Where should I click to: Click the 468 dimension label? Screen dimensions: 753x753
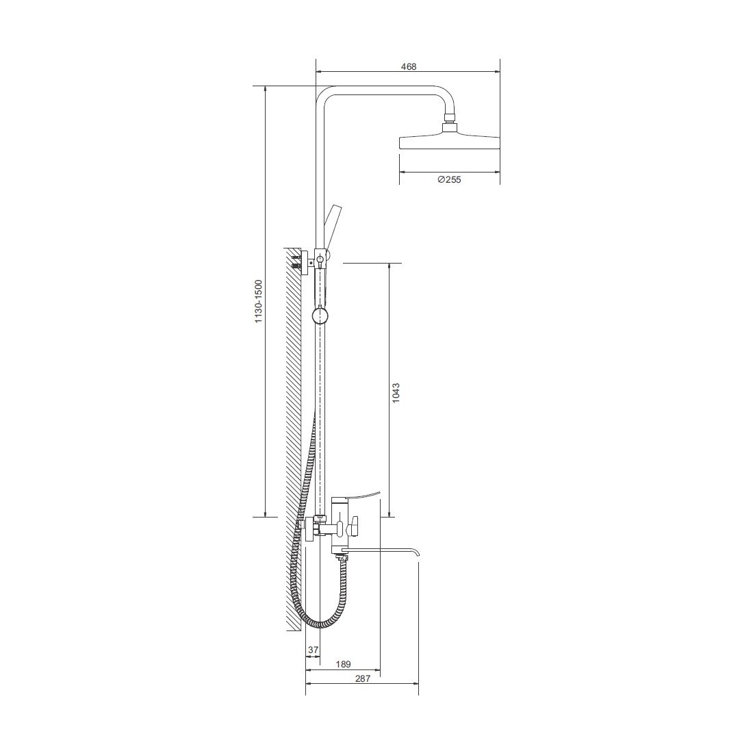pyautogui.click(x=408, y=67)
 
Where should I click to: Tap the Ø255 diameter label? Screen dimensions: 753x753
pyautogui.click(x=449, y=179)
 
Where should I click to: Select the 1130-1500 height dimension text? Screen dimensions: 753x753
pyautogui.click(x=258, y=301)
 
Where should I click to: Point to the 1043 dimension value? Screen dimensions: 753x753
pyautogui.click(x=395, y=392)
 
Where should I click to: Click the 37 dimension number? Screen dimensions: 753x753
pyautogui.click(x=313, y=650)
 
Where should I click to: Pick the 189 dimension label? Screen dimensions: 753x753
pyautogui.click(x=343, y=665)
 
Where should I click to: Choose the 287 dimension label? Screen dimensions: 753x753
pyautogui.click(x=363, y=678)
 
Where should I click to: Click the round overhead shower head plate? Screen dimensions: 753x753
pyautogui.click(x=450, y=142)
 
